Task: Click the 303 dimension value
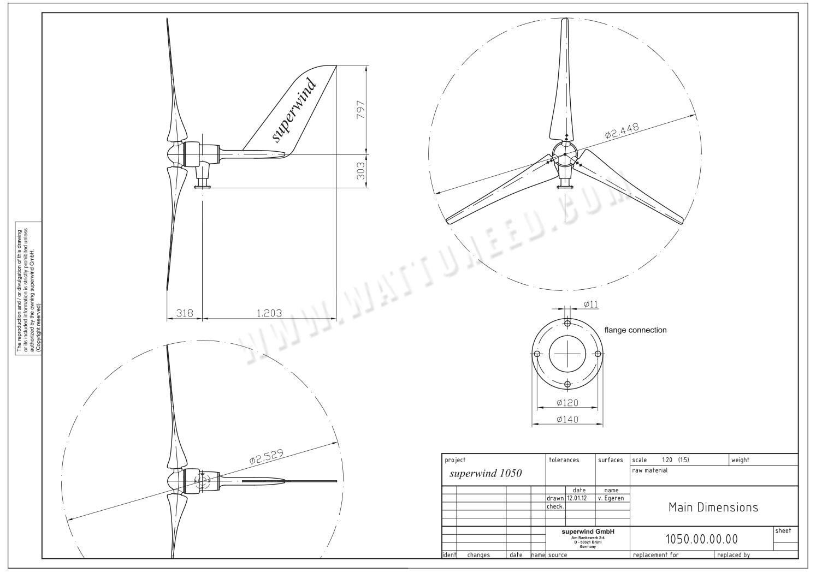coord(360,171)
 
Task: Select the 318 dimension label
coord(184,313)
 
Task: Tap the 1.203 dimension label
coord(269,313)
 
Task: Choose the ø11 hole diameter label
coord(590,303)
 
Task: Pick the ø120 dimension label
coord(567,403)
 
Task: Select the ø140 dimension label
coord(567,419)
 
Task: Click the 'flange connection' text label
coord(635,330)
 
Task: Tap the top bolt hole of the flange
coord(567,324)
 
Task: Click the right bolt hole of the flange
coord(598,354)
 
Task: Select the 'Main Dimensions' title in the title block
coord(713,508)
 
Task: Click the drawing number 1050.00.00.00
coord(701,540)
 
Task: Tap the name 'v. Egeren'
coord(611,498)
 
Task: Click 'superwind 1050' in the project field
coord(486,473)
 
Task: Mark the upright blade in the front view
coord(562,87)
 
